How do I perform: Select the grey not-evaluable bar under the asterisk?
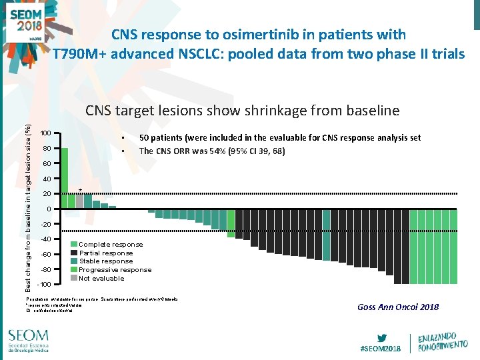[80, 201]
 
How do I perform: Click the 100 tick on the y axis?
[46, 132]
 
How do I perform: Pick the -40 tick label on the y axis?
[46, 239]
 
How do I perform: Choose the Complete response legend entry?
[111, 245]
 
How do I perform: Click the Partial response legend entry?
[106, 253]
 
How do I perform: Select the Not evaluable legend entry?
[101, 278]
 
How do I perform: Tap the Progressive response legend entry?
[115, 269]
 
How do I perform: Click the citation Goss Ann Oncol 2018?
[398, 307]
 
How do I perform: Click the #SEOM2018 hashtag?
[380, 349]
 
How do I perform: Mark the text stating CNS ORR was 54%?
[212, 151]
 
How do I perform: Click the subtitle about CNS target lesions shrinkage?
[242, 111]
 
